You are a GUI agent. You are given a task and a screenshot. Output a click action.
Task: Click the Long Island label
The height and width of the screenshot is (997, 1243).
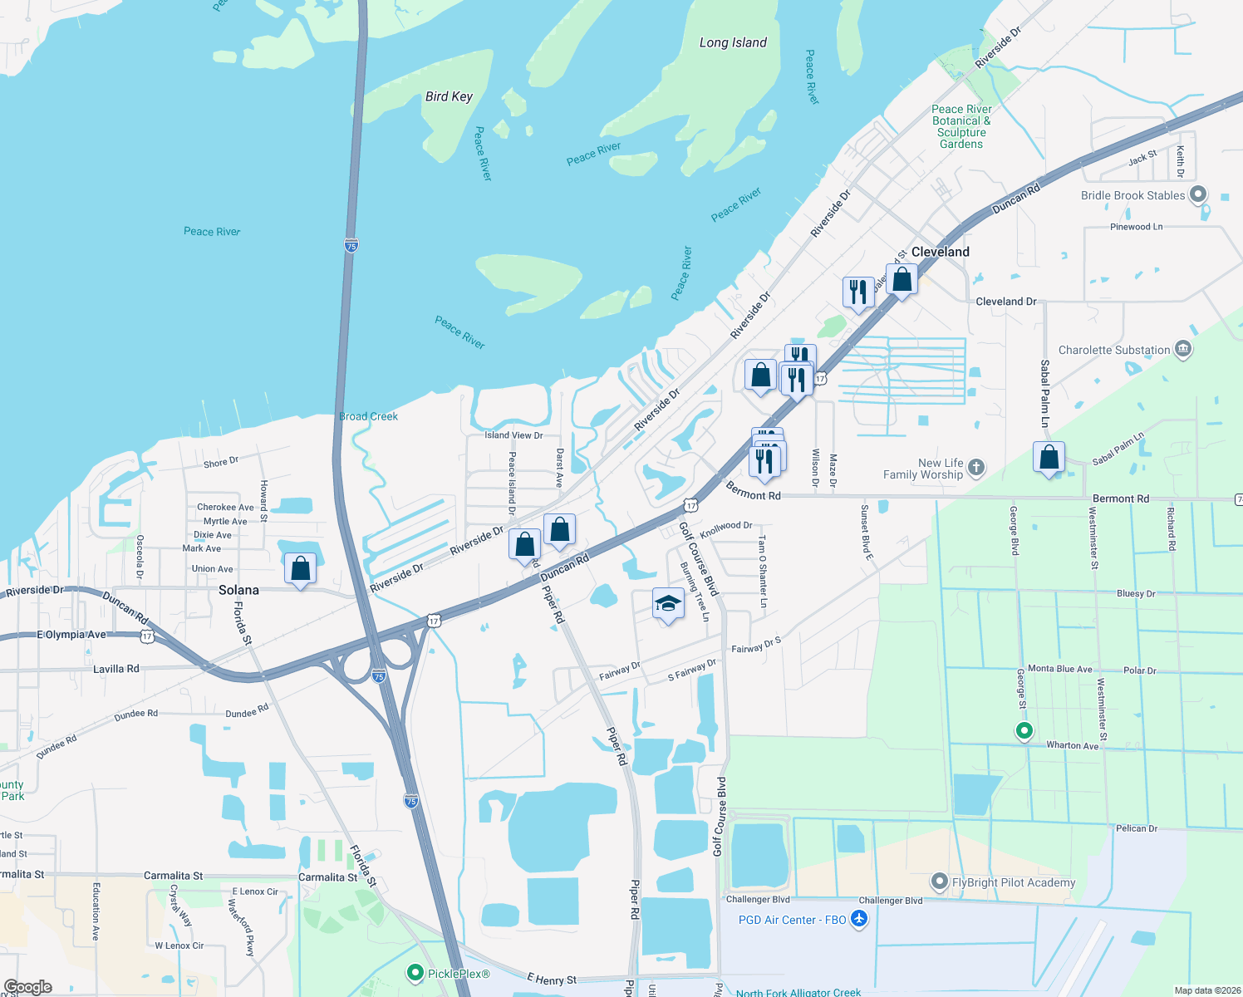pyautogui.click(x=732, y=43)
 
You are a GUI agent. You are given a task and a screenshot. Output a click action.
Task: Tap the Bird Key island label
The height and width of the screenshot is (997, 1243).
pyautogui.click(x=449, y=96)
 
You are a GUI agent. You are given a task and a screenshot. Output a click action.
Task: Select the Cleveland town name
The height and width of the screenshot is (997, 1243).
pyautogui.click(x=940, y=252)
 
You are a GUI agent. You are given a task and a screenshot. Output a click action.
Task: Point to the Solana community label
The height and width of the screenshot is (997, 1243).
pyautogui.click(x=238, y=590)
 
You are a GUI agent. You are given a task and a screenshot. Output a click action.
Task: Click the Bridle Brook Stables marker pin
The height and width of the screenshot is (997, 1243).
pyautogui.click(x=1197, y=195)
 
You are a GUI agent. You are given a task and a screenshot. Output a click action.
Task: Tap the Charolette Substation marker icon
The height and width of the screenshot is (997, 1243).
pyautogui.click(x=1183, y=350)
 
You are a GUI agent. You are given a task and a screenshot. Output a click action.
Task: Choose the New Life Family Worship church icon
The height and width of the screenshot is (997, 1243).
pyautogui.click(x=976, y=468)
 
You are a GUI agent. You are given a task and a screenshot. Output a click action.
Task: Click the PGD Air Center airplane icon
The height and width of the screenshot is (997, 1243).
pyautogui.click(x=858, y=920)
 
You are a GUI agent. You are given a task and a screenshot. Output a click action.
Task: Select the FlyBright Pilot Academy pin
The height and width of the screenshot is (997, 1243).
pyautogui.click(x=940, y=882)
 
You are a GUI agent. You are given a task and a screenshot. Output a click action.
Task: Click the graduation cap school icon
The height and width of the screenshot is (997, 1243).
pyautogui.click(x=668, y=603)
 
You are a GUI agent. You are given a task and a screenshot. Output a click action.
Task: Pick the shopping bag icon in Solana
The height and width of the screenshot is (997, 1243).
pyautogui.click(x=300, y=569)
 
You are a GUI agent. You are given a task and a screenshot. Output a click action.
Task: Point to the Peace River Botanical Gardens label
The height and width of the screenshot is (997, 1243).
pyautogui.click(x=961, y=126)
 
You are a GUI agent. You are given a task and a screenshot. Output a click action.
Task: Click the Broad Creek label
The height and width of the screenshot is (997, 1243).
pyautogui.click(x=368, y=416)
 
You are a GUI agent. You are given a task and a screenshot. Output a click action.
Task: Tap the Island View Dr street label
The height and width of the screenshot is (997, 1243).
pyautogui.click(x=513, y=435)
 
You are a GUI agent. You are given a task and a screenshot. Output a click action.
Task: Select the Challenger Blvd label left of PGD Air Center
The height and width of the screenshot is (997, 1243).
pyautogui.click(x=758, y=899)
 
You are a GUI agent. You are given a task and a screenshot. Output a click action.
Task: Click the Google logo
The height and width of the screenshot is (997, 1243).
pyautogui.click(x=28, y=987)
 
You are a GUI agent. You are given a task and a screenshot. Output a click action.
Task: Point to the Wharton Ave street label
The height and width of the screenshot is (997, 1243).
pyautogui.click(x=1072, y=745)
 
